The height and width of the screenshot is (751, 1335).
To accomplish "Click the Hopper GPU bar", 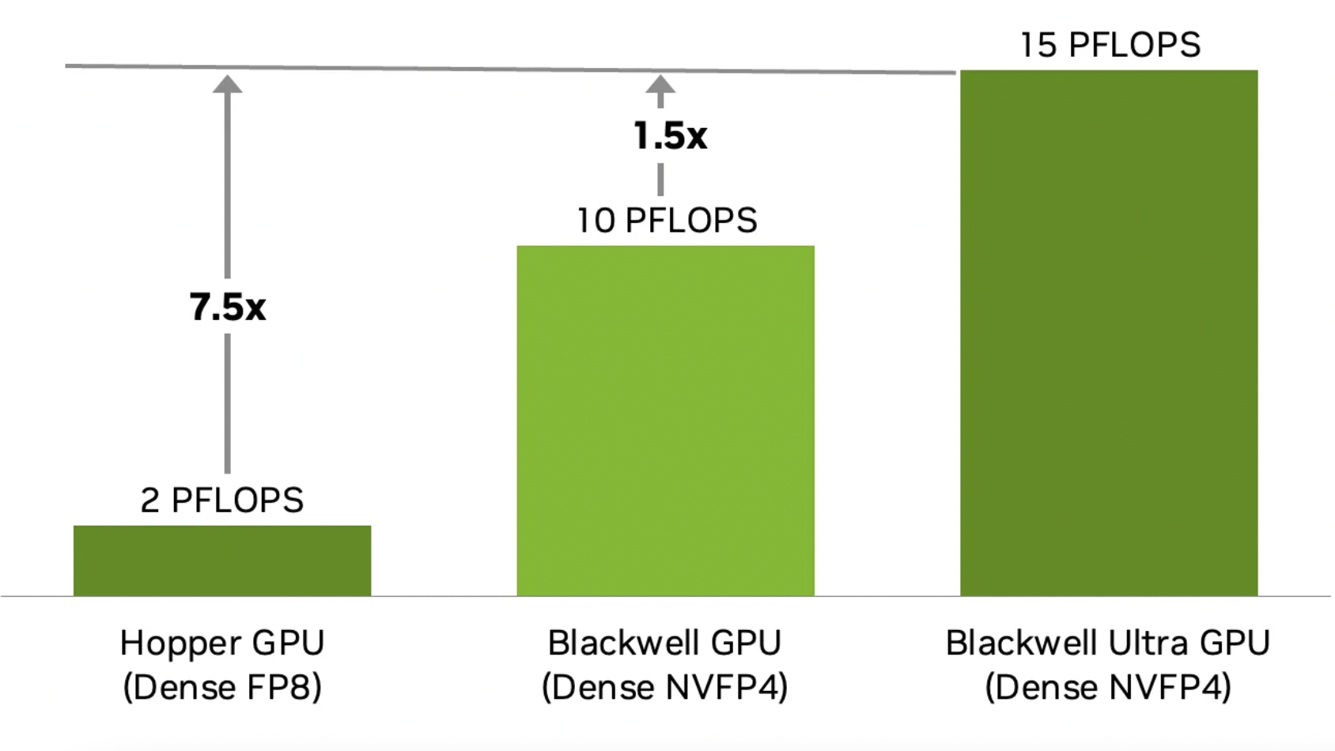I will [x=222, y=560].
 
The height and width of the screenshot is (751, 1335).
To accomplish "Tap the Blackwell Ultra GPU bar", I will [x=1109, y=333].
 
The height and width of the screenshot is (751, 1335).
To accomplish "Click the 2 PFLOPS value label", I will [x=222, y=500].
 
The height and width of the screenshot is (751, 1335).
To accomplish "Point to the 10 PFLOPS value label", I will [x=667, y=221].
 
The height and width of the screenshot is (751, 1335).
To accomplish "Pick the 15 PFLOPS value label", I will [x=1110, y=45].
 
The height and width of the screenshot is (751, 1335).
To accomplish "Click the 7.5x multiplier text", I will [x=228, y=307].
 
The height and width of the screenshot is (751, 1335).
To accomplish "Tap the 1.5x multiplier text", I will [x=670, y=136].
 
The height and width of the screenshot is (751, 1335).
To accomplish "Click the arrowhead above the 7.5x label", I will [x=228, y=85].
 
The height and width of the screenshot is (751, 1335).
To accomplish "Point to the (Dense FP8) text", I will [x=222, y=687].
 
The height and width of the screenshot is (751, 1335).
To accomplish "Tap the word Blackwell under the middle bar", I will [x=624, y=643].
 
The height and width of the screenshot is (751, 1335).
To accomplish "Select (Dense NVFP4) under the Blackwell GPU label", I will [x=665, y=687].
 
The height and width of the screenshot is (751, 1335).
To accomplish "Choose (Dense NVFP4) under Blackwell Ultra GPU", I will [x=1108, y=687].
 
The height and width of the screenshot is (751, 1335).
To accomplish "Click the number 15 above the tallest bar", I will [x=1038, y=45].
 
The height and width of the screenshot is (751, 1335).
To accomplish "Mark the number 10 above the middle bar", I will [x=596, y=221].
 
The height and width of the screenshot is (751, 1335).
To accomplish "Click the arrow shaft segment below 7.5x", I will [x=228, y=403].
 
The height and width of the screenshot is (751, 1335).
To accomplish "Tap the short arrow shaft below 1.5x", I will [x=660, y=179].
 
